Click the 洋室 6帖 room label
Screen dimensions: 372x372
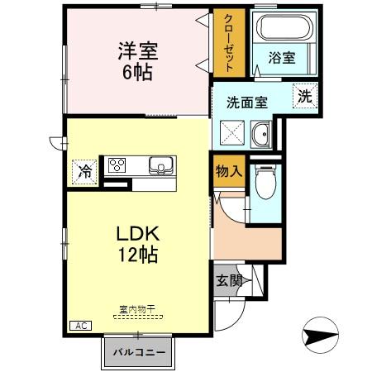point(137,60)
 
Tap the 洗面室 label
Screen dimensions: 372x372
point(247,103)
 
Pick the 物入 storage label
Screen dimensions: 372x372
point(228,171)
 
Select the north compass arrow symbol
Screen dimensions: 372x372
point(322,336)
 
